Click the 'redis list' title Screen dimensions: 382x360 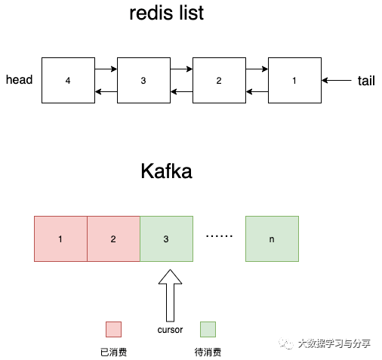click(166, 13)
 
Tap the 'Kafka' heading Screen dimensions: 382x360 click(166, 171)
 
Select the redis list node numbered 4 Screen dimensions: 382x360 click(68, 80)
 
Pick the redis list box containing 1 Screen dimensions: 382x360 click(294, 80)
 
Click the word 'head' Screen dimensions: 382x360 click(20, 80)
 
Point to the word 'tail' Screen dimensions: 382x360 click(366, 81)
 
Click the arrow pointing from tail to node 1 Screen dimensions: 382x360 click(337, 80)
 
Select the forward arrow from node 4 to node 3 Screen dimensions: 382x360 click(106, 69)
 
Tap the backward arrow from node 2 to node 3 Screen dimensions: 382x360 click(181, 91)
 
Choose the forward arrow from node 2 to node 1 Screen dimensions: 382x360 click(257, 69)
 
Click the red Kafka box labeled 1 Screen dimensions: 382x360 click(60, 238)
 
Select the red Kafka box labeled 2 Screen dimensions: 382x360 click(113, 238)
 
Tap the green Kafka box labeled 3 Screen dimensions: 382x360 click(166, 238)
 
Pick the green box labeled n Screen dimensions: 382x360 click(272, 238)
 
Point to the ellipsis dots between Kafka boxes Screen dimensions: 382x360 click(219, 236)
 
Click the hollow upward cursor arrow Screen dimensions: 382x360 click(170, 296)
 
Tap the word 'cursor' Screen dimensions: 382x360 click(170, 330)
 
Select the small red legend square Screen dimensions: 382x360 click(113, 329)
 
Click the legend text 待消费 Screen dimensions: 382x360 click(208, 352)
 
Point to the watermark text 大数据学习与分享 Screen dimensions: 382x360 click(334, 343)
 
